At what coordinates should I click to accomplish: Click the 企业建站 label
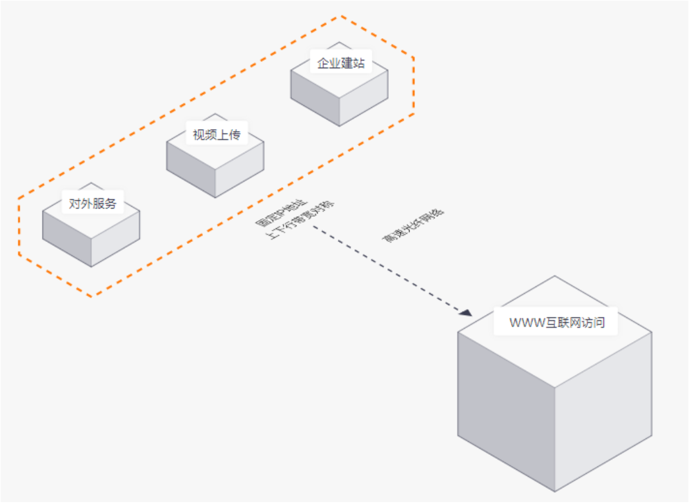tap(340, 64)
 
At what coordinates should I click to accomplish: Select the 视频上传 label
tap(216, 134)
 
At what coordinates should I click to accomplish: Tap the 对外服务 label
tap(93, 203)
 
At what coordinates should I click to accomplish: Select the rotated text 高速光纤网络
tap(413, 226)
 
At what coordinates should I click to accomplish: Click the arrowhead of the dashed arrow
tap(465, 313)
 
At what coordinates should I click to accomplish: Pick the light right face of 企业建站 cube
tap(364, 103)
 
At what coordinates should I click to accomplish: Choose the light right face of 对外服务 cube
tap(116, 243)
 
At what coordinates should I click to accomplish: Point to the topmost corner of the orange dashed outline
tap(342, 16)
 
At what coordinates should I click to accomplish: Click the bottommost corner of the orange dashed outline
tap(91, 297)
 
